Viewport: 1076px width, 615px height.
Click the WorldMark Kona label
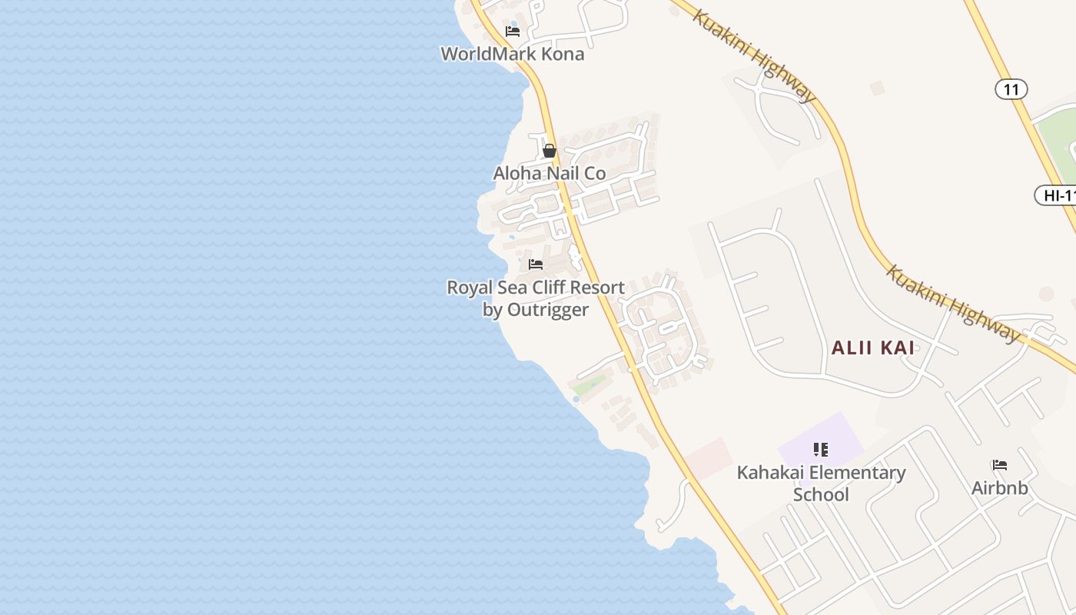(512, 54)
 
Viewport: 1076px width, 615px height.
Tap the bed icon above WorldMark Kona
(513, 32)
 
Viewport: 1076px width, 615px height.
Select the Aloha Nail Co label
(550, 174)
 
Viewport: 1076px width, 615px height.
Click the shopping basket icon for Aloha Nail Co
(549, 151)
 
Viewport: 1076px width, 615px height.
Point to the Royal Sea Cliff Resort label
(536, 288)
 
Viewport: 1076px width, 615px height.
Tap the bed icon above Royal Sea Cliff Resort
(536, 264)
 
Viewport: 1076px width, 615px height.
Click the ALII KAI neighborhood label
(873, 347)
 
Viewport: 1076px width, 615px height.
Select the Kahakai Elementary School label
(821, 483)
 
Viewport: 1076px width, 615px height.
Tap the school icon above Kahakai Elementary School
(821, 449)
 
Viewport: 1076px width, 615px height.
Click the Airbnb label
(999, 488)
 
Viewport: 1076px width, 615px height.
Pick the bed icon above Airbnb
(999, 465)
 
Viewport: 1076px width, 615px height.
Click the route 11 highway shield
(1011, 90)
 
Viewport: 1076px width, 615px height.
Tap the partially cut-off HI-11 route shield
(1058, 195)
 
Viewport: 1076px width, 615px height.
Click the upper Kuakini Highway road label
(753, 55)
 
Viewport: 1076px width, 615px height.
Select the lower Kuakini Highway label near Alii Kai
(954, 304)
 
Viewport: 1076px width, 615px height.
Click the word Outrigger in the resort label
(546, 310)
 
